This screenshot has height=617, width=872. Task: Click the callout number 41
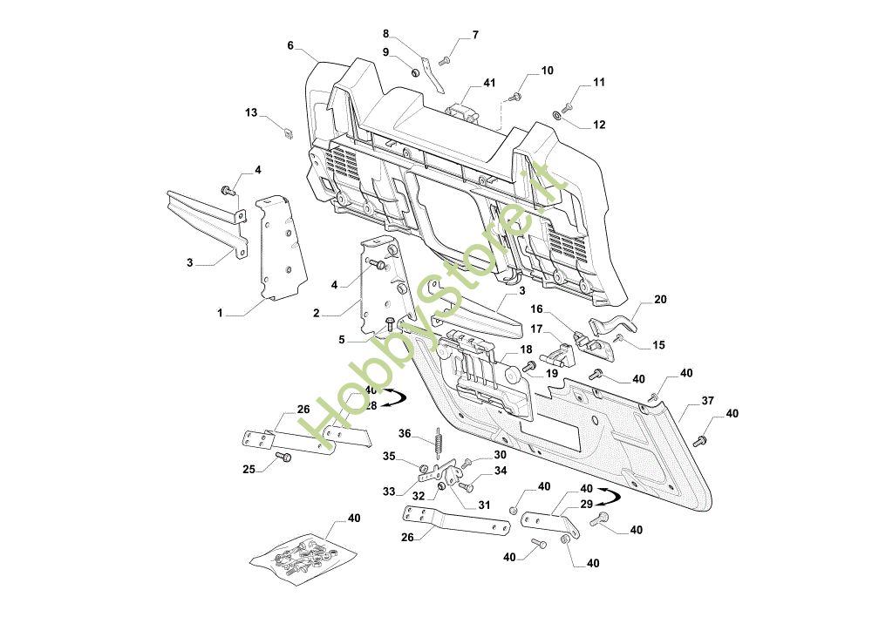pyautogui.click(x=489, y=83)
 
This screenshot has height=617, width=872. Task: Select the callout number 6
pyautogui.click(x=290, y=45)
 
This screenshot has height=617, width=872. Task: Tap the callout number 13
pyautogui.click(x=251, y=112)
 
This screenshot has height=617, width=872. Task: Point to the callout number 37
pyautogui.click(x=707, y=401)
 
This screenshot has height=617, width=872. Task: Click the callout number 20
pyautogui.click(x=660, y=300)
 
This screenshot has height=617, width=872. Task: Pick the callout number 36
pyautogui.click(x=405, y=433)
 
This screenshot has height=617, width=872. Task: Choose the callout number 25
pyautogui.click(x=249, y=469)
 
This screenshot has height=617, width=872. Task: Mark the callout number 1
pyautogui.click(x=220, y=314)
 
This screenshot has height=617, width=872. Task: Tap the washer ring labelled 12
pyautogui.click(x=556, y=115)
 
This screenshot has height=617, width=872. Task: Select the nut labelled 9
pyautogui.click(x=415, y=72)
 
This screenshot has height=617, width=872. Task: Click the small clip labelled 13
pyautogui.click(x=287, y=133)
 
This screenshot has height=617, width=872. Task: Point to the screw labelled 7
pyautogui.click(x=445, y=61)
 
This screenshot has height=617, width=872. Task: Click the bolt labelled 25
pyautogui.click(x=283, y=457)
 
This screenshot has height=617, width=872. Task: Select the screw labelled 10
pyautogui.click(x=515, y=98)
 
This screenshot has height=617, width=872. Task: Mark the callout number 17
pyautogui.click(x=536, y=329)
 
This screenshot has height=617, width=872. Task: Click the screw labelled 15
pyautogui.click(x=618, y=337)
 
